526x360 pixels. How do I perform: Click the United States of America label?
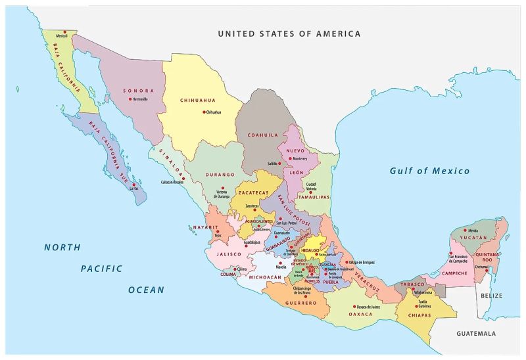point(289,34)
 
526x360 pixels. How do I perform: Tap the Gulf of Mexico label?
point(429,171)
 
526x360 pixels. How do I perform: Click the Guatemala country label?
point(476,333)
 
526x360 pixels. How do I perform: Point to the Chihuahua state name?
point(198,101)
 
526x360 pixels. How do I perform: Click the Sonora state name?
point(139,91)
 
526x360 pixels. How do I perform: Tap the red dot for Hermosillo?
point(130,99)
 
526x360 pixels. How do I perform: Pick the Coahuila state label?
point(263,135)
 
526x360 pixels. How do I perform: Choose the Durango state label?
point(220,175)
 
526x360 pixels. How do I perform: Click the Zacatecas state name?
point(254,193)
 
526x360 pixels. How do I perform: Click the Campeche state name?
point(454,273)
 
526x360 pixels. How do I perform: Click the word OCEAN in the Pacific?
point(146,289)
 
